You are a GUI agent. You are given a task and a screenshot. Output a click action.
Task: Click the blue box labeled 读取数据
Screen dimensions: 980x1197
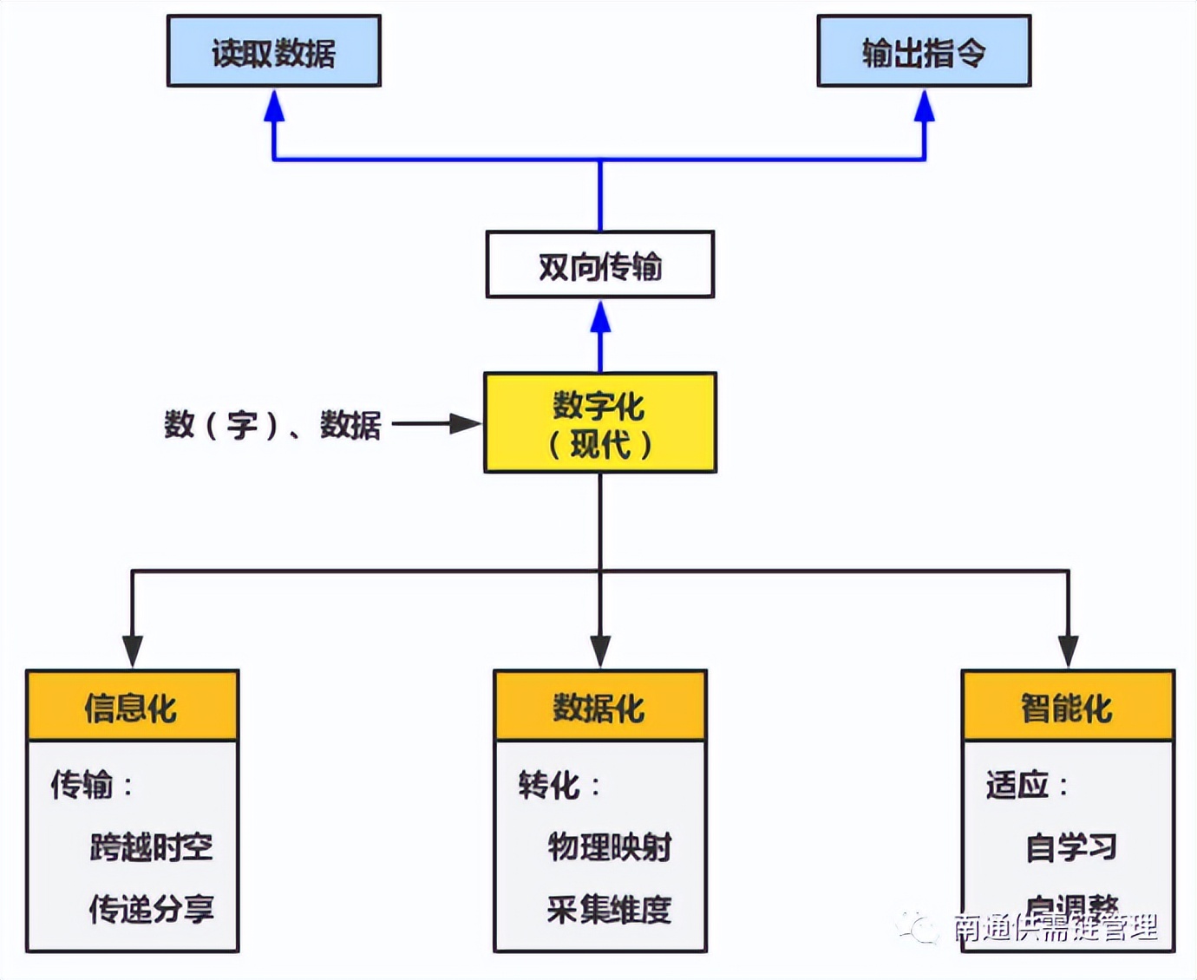(273, 51)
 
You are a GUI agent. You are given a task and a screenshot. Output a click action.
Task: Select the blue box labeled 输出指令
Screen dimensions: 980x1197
(924, 51)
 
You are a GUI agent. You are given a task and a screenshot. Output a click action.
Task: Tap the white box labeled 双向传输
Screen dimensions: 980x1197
(600, 265)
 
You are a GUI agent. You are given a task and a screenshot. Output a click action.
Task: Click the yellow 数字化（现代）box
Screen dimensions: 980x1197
(600, 423)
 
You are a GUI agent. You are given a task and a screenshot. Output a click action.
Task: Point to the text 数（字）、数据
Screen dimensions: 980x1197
(272, 425)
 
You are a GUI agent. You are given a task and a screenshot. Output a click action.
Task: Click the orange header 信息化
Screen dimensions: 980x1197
(132, 707)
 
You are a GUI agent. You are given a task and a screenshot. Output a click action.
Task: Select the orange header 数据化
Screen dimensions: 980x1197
(600, 707)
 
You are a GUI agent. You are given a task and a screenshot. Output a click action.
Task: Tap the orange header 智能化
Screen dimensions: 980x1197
(1068, 707)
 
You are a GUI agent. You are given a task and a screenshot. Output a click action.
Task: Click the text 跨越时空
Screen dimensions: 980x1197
(152, 847)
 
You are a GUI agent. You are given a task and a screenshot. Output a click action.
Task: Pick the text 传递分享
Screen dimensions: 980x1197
(152, 909)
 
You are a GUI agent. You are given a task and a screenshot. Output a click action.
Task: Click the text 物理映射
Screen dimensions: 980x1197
(610, 847)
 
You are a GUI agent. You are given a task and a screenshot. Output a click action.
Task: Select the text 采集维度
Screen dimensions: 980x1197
(610, 909)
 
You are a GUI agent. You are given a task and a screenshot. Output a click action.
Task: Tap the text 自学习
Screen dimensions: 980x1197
(1071, 847)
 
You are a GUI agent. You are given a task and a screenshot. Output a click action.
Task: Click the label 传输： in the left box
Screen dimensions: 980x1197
(92, 785)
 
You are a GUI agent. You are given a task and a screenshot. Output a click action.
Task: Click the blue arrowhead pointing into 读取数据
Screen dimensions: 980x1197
(274, 106)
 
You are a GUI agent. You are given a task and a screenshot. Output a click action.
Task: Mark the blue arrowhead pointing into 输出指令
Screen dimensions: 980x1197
(925, 106)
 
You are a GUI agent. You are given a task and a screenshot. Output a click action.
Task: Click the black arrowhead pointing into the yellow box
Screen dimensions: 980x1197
(465, 424)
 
